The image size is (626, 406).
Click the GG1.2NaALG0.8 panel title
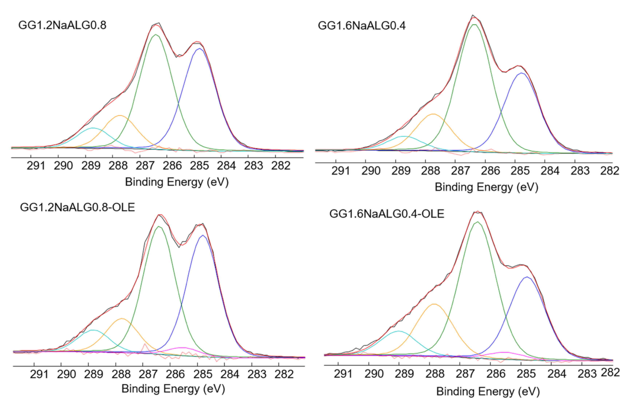pos(62,25)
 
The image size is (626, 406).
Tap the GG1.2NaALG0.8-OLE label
pos(77,207)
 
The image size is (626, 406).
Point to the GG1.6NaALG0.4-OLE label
pos(387,214)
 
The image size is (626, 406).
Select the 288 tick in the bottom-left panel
pos(121,374)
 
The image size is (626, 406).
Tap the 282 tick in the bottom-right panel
pos(612,373)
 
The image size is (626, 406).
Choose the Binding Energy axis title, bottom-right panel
pos(488,392)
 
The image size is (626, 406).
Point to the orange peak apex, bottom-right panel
pos(434,304)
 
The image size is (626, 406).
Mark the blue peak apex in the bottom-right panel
pos(527,277)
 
